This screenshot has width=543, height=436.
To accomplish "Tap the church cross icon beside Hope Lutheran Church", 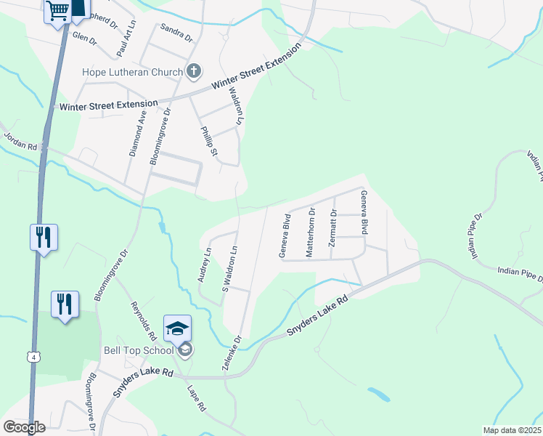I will pos(194,71).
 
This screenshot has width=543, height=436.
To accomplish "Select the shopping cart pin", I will pos(57,12).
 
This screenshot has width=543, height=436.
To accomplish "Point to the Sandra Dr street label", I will pos(176,32).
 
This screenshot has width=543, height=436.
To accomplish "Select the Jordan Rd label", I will pos(20,139).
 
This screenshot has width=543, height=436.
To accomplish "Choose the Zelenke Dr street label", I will pos(232,353).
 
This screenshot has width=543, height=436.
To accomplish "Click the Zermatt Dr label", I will pos(333,229).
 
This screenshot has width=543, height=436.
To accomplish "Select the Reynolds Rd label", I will pos(144,321).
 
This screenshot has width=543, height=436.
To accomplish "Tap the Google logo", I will pos(25,427).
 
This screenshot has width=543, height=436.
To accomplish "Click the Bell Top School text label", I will pos(138,351).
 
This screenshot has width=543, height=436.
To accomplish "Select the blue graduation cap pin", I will pos(178,328).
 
